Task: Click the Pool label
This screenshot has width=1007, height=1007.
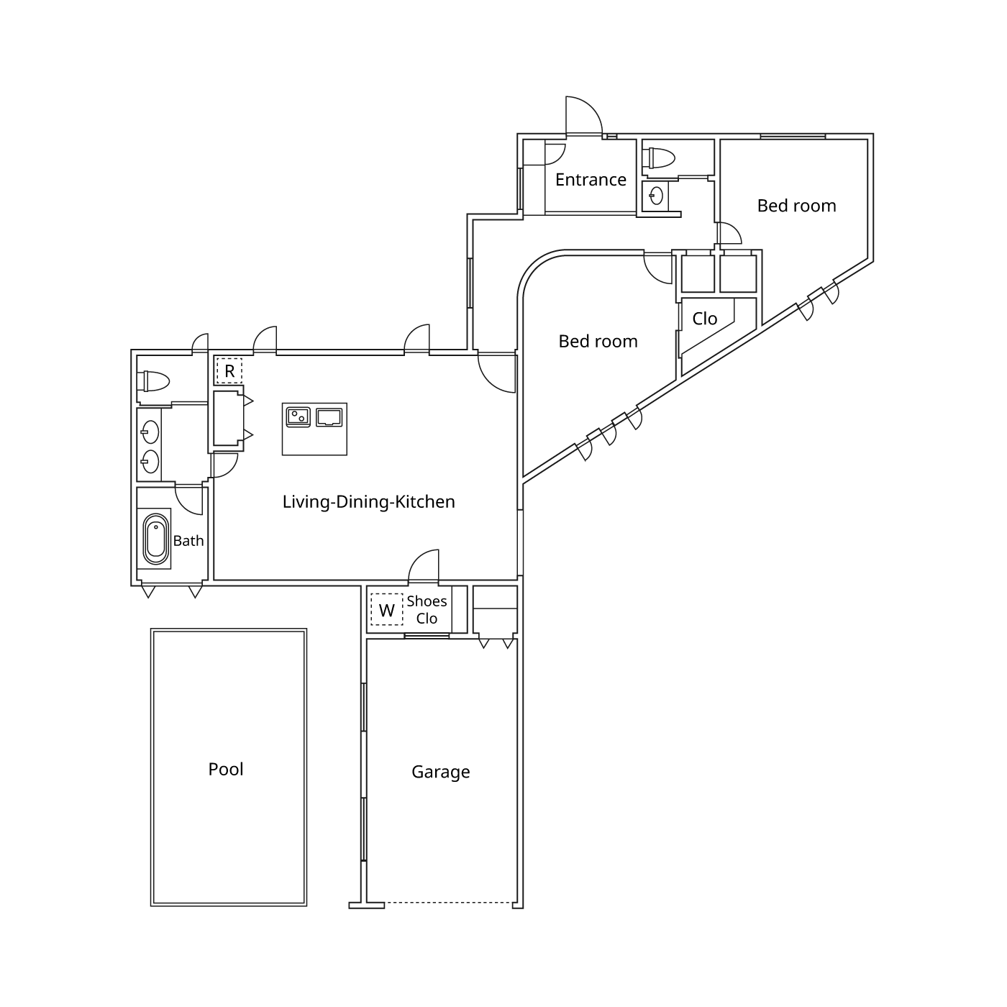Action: coord(226,769)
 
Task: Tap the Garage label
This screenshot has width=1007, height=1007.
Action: coord(440,772)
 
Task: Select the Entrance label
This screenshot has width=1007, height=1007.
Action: coord(591,180)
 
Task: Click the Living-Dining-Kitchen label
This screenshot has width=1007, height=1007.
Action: coord(368,501)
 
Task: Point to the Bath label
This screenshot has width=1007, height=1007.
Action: coord(188,541)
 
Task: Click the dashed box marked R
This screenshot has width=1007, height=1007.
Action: coord(229,371)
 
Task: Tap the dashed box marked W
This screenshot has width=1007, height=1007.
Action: coord(387,610)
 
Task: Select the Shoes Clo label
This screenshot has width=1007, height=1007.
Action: coord(427,610)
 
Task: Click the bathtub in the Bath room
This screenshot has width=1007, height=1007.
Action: coord(156,539)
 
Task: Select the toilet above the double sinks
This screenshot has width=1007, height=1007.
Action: coord(153,381)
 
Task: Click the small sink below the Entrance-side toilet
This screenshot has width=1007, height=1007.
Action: coord(656,196)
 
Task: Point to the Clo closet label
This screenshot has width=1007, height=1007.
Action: coord(704,319)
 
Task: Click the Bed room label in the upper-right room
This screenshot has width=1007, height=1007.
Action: coord(796,206)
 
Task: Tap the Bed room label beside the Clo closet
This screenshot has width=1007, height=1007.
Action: coord(598,341)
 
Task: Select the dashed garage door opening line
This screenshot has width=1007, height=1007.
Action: coord(448,903)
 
